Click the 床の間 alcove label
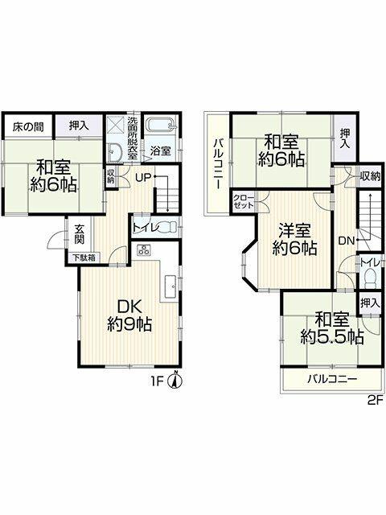(28, 126)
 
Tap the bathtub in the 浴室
(161, 126)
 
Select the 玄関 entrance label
(79, 234)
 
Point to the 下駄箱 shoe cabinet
(84, 257)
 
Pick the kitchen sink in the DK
(170, 286)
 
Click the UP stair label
(143, 178)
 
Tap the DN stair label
(347, 241)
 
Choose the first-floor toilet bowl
(168, 227)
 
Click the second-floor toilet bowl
(371, 278)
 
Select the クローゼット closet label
(243, 202)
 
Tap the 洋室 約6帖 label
(294, 239)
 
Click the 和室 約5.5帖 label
(332, 328)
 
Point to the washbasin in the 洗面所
(115, 152)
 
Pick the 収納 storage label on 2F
(370, 176)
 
